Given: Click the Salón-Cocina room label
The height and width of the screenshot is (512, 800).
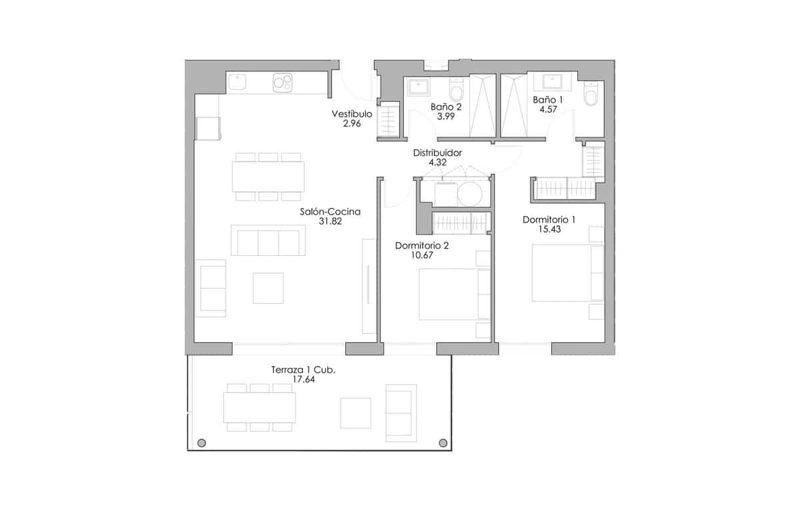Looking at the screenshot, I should [x=330, y=212].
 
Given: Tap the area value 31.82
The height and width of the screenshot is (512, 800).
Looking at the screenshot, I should [x=330, y=222].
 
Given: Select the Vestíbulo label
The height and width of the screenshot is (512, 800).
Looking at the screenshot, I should [x=351, y=114].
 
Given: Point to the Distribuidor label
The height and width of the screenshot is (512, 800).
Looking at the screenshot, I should [x=437, y=153].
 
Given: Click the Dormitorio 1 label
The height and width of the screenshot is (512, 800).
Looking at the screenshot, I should [x=549, y=219].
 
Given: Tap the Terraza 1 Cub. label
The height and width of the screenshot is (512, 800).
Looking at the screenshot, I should [x=303, y=370].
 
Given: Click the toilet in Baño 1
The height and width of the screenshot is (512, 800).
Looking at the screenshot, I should [x=591, y=95].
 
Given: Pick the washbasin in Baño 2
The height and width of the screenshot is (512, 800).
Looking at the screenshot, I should [x=419, y=87].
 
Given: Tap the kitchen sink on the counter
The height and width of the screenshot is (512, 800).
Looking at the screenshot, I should [x=237, y=82].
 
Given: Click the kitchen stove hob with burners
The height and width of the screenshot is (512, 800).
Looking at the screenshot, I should [x=282, y=83].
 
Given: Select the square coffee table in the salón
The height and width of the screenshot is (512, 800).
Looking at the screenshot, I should [x=268, y=288].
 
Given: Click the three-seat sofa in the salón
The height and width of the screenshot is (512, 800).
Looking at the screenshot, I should [x=268, y=240].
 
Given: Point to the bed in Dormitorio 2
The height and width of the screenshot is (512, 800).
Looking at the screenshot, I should [x=448, y=294].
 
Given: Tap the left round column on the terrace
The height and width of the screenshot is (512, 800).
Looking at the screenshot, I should [x=201, y=442].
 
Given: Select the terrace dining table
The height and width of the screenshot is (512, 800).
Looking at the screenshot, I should [x=259, y=407].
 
